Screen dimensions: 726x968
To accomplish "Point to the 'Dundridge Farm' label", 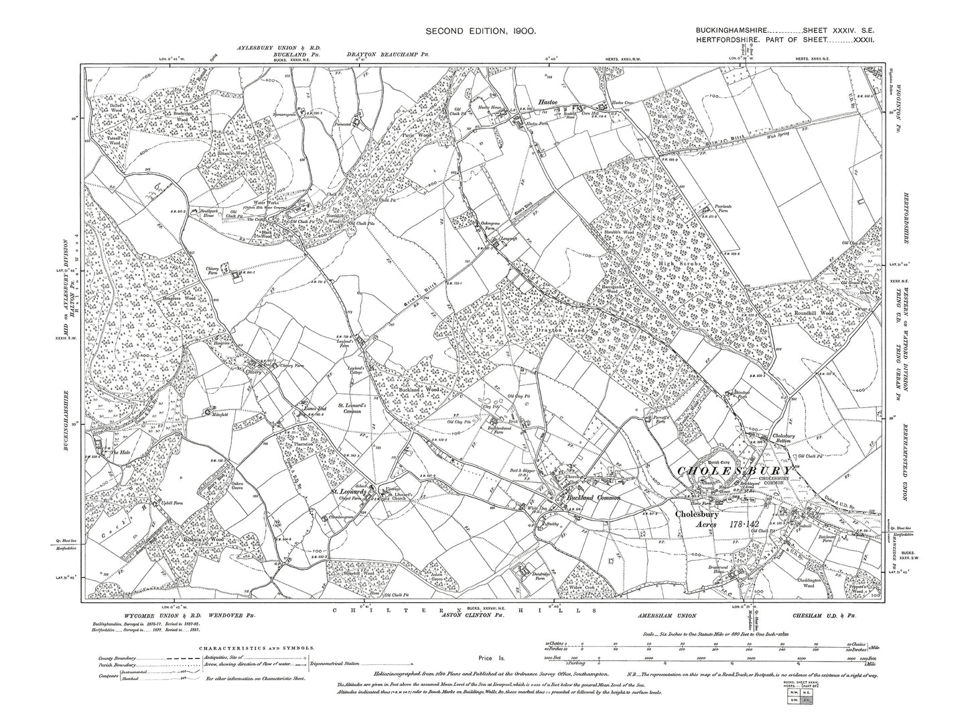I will click(x=528, y=582).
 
